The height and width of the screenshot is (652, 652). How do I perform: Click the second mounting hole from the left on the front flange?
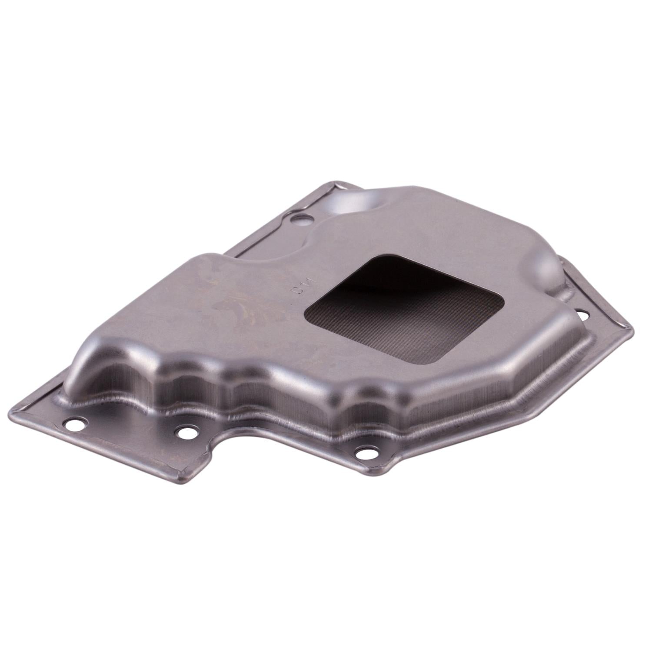point(186,432)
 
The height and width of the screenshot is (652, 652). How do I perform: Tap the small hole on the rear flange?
point(300,218)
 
